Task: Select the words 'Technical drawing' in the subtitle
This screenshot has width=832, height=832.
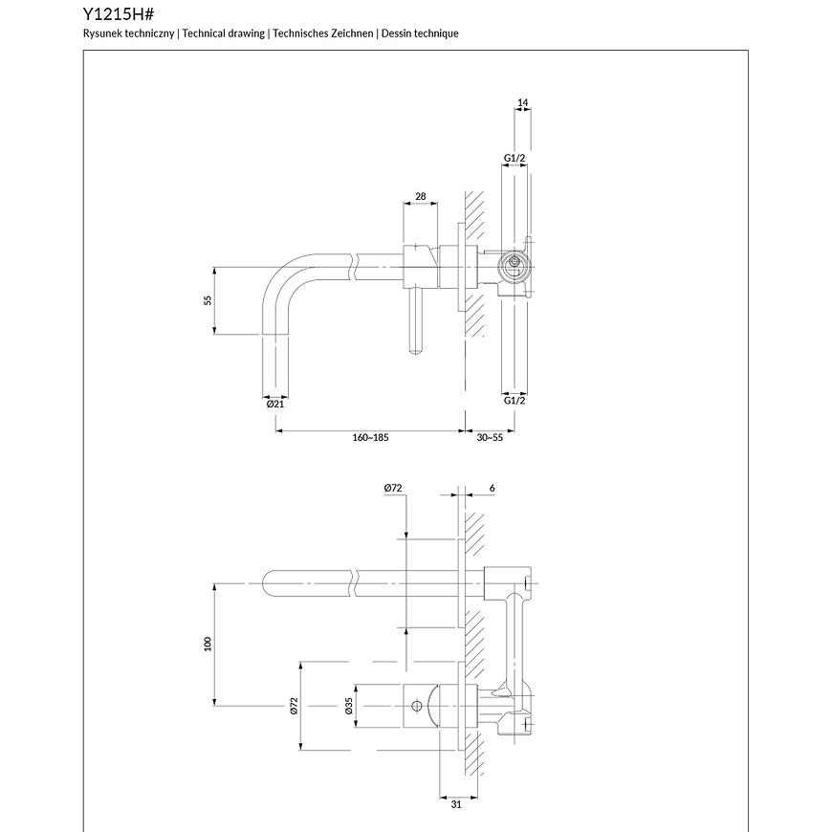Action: click(223, 33)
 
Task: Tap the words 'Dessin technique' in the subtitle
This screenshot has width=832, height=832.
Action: click(420, 33)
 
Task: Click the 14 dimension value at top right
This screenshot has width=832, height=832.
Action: click(522, 102)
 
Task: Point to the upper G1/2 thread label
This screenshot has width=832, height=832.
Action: click(515, 158)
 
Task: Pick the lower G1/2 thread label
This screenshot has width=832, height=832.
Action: click(515, 400)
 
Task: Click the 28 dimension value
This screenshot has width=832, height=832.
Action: click(420, 196)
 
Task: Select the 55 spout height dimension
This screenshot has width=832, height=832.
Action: click(208, 300)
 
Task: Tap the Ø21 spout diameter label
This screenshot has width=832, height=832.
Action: click(275, 404)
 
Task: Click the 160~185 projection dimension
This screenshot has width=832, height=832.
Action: click(370, 437)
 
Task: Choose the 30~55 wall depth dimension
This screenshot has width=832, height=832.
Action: click(490, 437)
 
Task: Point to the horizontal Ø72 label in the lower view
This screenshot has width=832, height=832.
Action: click(393, 488)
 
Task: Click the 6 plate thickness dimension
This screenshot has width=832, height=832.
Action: click(492, 488)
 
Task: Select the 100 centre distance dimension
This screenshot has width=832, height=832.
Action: click(208, 644)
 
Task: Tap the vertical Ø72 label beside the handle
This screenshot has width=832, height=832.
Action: click(294, 706)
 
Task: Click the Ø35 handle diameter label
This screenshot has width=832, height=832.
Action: click(349, 706)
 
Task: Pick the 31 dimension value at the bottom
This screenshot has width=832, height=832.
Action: click(456, 804)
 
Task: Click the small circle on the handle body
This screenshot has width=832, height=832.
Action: click(416, 707)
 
